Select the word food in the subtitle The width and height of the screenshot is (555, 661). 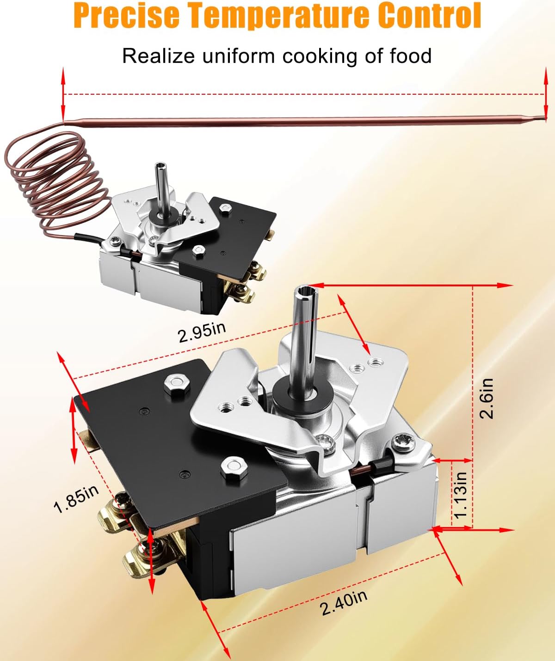(x=411, y=56)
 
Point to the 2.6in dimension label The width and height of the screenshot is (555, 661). (x=487, y=398)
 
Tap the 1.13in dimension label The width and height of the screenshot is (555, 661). (x=460, y=494)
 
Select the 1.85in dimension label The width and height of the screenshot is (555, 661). (x=76, y=499)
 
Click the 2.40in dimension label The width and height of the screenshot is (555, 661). (x=344, y=602)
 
